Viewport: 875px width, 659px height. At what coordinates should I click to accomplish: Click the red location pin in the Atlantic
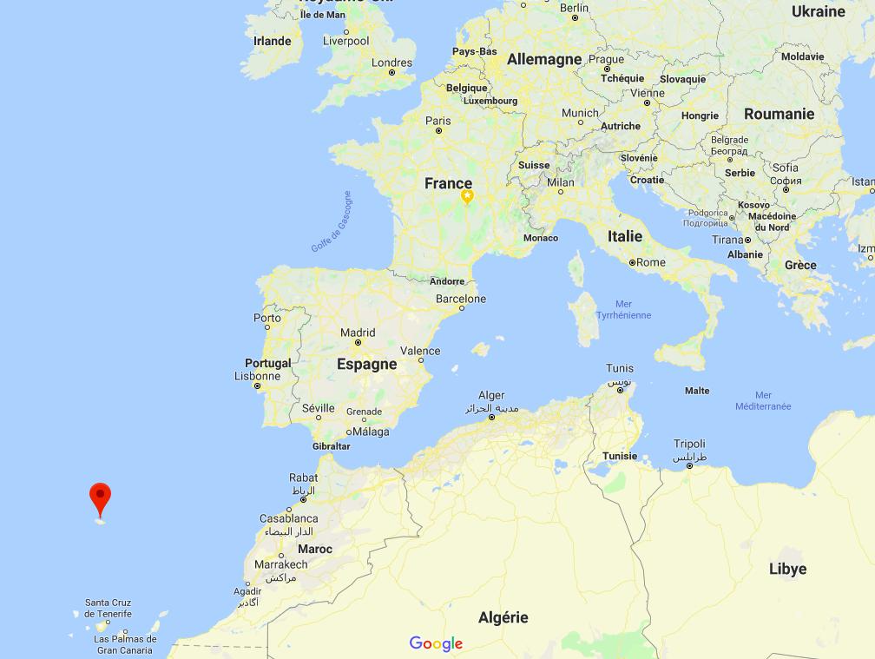pos(101,499)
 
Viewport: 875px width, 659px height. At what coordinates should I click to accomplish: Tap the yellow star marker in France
pos(467,197)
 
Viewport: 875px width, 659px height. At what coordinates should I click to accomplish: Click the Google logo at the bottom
pos(436,643)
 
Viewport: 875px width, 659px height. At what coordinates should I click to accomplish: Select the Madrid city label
pos(358,333)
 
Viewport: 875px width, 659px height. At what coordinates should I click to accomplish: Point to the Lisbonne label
pos(257,376)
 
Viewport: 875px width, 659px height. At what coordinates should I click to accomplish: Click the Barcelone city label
pos(461,299)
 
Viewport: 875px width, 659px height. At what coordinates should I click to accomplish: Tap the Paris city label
pos(438,122)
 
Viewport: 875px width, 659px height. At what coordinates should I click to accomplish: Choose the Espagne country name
pos(366,364)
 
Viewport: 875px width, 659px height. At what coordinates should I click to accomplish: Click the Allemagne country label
pos(544,59)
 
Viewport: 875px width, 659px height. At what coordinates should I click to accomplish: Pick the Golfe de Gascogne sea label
pos(332,221)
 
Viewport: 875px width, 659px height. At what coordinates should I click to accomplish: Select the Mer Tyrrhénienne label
pos(623,309)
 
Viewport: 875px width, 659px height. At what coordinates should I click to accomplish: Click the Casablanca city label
pos(289,518)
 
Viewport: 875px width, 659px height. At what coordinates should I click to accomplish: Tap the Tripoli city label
pos(689,444)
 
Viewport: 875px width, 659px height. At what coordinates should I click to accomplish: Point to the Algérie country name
pos(503,617)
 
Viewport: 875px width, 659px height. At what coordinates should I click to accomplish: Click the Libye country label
pos(787,569)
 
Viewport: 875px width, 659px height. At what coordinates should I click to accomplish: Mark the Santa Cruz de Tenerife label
pos(109,608)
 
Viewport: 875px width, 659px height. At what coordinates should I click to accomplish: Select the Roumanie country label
pos(779,114)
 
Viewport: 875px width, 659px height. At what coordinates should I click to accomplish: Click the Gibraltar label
pos(331,446)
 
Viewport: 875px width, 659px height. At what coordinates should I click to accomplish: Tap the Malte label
pos(697,391)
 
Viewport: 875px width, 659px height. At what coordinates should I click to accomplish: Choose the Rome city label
pos(651,262)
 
